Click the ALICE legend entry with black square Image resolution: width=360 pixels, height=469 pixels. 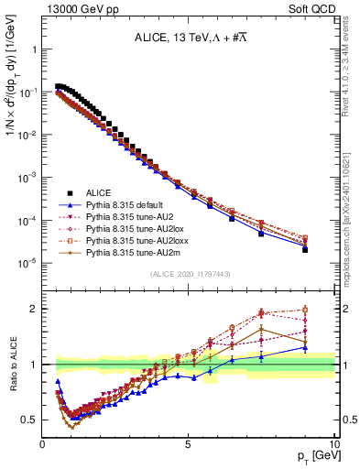[99, 192]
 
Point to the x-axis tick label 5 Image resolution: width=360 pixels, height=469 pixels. [188, 442]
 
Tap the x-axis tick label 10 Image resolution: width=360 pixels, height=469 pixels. [333, 442]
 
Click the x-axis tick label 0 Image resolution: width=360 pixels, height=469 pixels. [42, 442]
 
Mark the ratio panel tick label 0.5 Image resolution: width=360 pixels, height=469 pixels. [30, 420]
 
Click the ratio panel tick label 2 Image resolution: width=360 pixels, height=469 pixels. [35, 309]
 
